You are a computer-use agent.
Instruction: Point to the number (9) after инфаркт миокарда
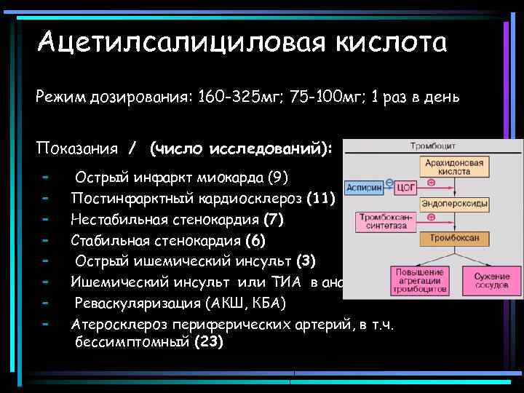(x=278, y=178)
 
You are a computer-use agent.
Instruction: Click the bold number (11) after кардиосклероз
(x=321, y=198)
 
